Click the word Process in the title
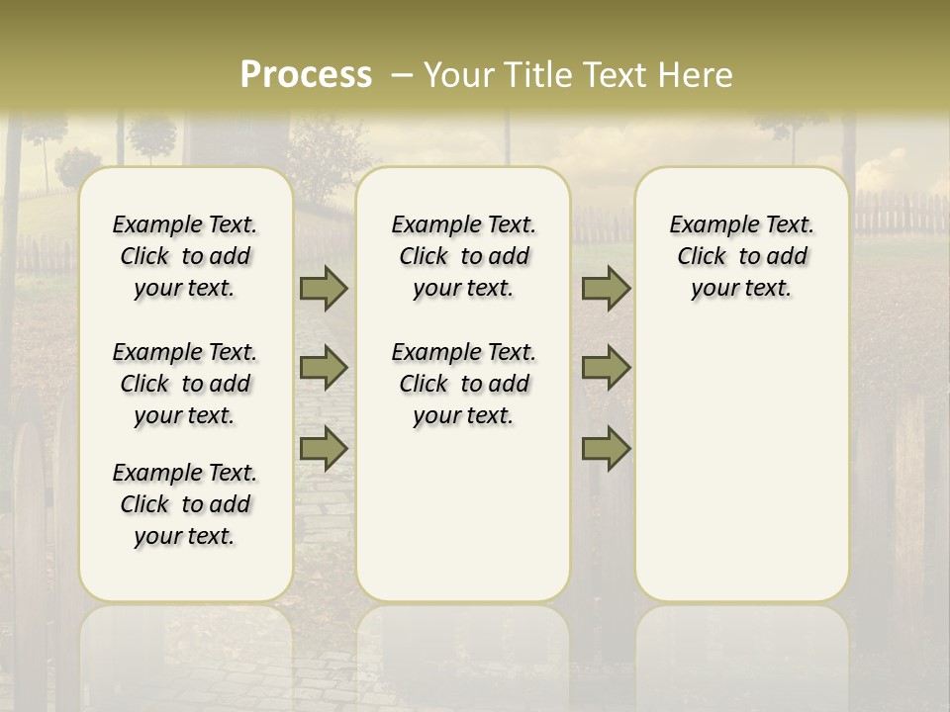click(x=306, y=75)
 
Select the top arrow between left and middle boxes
click(x=323, y=289)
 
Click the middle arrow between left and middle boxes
click(x=323, y=368)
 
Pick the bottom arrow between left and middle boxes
click(x=323, y=449)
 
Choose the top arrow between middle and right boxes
click(x=606, y=289)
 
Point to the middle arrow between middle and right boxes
click(x=606, y=368)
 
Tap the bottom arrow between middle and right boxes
click(x=606, y=449)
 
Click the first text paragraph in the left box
click(x=185, y=256)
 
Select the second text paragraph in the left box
click(x=185, y=384)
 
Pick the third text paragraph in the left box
click(x=185, y=504)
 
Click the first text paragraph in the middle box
click(x=463, y=256)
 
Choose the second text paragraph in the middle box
click(x=463, y=384)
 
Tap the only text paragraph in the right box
click(x=741, y=256)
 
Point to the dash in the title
click(x=402, y=75)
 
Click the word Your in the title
click(x=459, y=75)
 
